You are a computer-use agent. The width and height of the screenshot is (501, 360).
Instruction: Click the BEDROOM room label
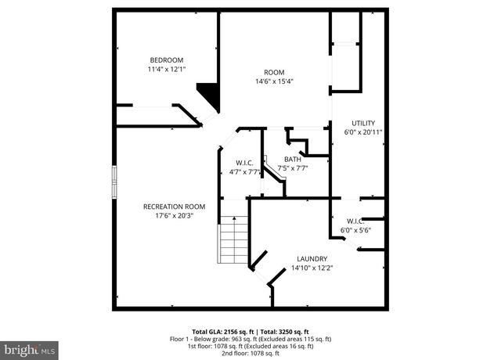pos(166,60)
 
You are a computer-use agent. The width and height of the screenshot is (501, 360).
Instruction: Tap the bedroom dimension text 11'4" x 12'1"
pos(166,70)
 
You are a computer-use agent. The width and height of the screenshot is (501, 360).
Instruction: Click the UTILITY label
pos(363,123)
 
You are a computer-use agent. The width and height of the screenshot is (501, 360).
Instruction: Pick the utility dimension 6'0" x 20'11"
pos(363,132)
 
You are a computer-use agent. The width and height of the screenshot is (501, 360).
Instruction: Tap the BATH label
pos(292,159)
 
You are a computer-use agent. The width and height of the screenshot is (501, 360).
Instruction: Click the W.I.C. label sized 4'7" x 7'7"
pos(244,164)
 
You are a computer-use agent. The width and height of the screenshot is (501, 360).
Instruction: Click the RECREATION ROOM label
pos(174,207)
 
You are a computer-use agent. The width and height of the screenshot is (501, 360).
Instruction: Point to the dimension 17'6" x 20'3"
pos(174,216)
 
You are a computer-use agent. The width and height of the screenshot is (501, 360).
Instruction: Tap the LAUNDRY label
pos(312,259)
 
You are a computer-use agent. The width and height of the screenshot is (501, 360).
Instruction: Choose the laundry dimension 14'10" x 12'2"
pos(312,268)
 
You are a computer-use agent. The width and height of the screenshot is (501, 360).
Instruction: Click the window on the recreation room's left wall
pos(115,182)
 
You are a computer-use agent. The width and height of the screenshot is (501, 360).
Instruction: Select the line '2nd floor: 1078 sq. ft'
pos(251,354)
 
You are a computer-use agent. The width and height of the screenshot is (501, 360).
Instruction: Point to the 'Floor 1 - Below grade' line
pos(251,339)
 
